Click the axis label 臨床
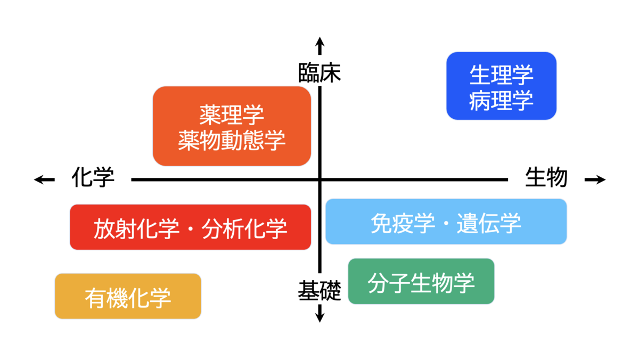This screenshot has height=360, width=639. pyautogui.click(x=319, y=73)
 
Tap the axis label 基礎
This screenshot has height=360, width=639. pyautogui.click(x=319, y=290)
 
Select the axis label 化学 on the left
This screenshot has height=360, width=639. pyautogui.click(x=93, y=177)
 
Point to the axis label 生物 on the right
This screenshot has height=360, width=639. pyautogui.click(x=546, y=177)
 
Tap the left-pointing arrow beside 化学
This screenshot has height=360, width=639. pyautogui.click(x=44, y=179)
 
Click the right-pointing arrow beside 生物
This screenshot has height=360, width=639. pyautogui.click(x=595, y=179)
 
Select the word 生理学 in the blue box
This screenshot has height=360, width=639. pyautogui.click(x=501, y=75)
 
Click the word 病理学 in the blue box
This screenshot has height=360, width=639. pyautogui.click(x=501, y=101)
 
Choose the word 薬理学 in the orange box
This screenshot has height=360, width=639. pyautogui.click(x=231, y=115)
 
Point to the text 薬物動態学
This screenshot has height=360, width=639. pyautogui.click(x=232, y=141)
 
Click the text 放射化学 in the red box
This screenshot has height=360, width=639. pyautogui.click(x=137, y=229)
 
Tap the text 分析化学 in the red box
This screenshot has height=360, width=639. pyautogui.click(x=244, y=229)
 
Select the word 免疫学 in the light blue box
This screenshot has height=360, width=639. pyautogui.click(x=403, y=223)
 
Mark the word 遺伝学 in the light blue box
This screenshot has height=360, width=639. pyautogui.click(x=489, y=223)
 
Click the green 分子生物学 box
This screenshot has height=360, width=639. pyautogui.click(x=421, y=281)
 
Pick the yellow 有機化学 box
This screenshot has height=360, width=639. pyautogui.click(x=128, y=296)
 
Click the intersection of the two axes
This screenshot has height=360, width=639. pyautogui.click(x=320, y=179)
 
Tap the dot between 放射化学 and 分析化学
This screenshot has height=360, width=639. pyautogui.click(x=191, y=229)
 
